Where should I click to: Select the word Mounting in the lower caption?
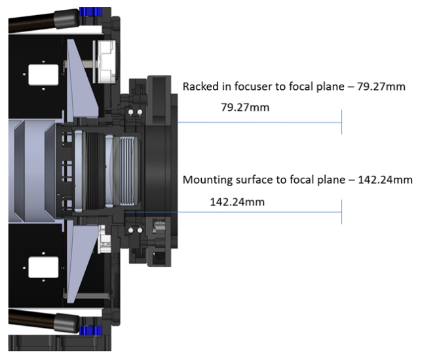[207, 180]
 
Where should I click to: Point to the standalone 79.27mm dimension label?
[245, 108]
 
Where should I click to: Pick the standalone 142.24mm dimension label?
[237, 202]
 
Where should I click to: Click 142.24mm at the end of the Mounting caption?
[385, 180]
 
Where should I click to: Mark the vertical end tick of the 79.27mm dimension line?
[342, 122]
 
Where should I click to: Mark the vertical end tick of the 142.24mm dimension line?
[342, 212]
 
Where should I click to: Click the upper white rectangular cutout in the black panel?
[43, 75]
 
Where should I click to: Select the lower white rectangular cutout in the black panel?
[43, 268]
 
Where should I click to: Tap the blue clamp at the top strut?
[91, 12]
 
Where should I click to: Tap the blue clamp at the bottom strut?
[91, 330]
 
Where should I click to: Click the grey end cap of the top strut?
[67, 18]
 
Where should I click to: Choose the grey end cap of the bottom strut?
[67, 323]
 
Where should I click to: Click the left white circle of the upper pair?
[131, 112]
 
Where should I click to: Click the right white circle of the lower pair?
[140, 230]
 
